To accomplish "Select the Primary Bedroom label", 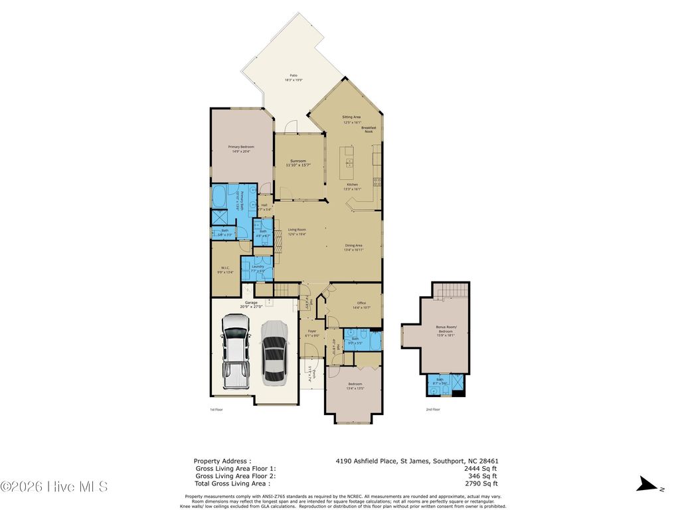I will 241,147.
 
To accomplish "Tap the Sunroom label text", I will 298,161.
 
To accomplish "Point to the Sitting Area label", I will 351,117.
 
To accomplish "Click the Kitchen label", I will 352,185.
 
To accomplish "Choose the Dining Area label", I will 353,245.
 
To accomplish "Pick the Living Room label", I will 296,230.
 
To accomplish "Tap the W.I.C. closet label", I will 225,268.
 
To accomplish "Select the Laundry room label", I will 258,266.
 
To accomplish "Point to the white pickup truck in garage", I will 235,351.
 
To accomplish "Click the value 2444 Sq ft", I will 483,468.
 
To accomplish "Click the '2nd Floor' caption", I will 433,410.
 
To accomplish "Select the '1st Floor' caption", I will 216,410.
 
